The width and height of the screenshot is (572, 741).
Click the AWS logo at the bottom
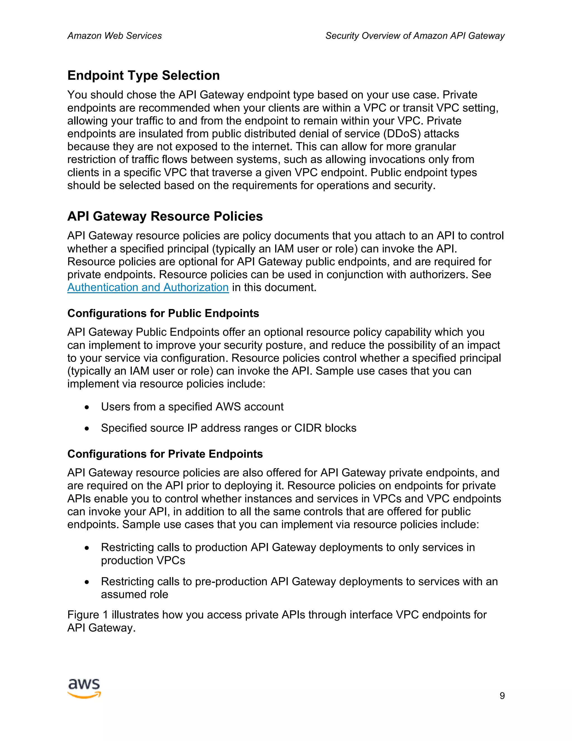(x=84, y=688)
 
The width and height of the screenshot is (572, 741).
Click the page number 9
(x=502, y=695)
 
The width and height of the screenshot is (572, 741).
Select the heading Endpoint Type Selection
(x=143, y=75)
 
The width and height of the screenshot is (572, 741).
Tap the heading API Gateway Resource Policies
(x=165, y=216)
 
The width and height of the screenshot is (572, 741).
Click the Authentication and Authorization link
(x=148, y=287)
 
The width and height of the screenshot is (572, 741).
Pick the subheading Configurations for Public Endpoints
(x=163, y=313)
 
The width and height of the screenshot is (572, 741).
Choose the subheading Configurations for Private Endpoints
(x=165, y=454)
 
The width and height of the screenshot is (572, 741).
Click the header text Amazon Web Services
(x=115, y=36)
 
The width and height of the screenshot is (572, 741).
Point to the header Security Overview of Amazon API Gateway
(x=415, y=36)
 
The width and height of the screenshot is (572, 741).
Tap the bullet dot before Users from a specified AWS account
(x=87, y=407)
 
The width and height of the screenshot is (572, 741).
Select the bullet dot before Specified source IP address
(x=87, y=428)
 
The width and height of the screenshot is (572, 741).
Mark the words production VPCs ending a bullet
(x=143, y=560)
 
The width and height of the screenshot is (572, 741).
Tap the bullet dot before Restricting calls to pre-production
(x=87, y=582)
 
